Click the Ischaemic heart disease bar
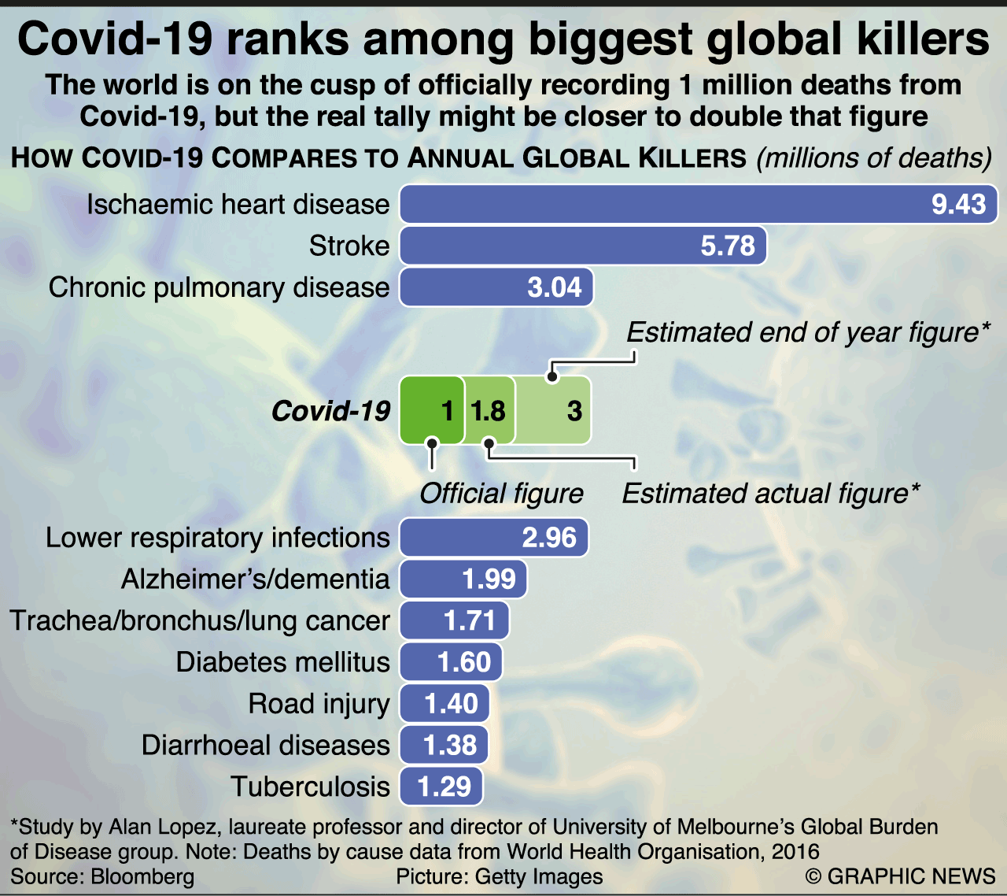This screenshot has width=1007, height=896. pyautogui.click(x=699, y=205)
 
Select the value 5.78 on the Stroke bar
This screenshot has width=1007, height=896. pyautogui.click(x=728, y=246)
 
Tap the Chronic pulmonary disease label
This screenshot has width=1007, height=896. pyautogui.click(x=219, y=287)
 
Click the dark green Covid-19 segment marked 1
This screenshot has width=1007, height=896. pyautogui.click(x=431, y=410)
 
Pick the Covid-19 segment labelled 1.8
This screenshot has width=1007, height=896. pyautogui.click(x=489, y=410)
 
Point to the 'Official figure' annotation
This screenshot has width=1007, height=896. pyautogui.click(x=501, y=494)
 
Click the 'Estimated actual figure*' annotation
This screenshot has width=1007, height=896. pyautogui.click(x=770, y=494)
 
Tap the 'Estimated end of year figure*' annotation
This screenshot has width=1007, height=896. pyautogui.click(x=808, y=332)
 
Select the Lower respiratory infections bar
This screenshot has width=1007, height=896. pyautogui.click(x=494, y=538)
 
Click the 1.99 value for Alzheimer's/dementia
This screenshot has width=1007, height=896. pyautogui.click(x=489, y=579)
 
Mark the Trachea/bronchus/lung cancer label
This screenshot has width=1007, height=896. pyautogui.click(x=200, y=620)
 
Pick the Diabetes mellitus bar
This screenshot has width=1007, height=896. pyautogui.click(x=451, y=662)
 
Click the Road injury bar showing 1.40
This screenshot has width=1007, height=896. pyautogui.click(x=444, y=703)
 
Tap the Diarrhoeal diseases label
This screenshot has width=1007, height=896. pyautogui.click(x=265, y=745)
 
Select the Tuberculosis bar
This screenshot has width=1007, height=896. pyautogui.click(x=441, y=787)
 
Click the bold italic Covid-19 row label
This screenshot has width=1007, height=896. pyautogui.click(x=330, y=410)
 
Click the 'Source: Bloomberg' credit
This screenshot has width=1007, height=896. pyautogui.click(x=102, y=876)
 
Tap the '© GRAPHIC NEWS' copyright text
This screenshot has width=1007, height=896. pyautogui.click(x=900, y=876)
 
